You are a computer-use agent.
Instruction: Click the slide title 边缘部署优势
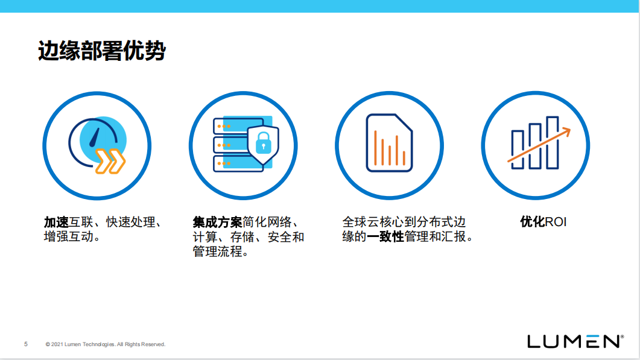click(101, 51)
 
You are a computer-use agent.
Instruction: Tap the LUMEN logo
click(575, 342)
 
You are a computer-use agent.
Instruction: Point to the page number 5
click(26, 344)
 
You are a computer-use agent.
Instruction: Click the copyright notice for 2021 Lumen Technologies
click(106, 344)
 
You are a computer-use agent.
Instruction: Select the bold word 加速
click(56, 223)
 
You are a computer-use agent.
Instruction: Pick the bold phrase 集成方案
click(218, 223)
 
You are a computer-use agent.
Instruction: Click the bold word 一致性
click(385, 236)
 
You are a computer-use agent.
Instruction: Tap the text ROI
click(556, 223)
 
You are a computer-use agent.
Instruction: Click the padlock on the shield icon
click(263, 143)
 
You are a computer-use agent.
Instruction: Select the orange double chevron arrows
click(110, 161)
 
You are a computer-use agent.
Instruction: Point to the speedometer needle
click(95, 137)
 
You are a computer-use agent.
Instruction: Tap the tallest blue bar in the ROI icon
click(553, 142)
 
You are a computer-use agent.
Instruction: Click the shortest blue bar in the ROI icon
click(518, 150)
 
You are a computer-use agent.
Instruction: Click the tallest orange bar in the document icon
click(375, 147)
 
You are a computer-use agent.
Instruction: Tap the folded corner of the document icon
click(404, 123)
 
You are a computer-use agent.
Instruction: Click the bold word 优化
click(533, 223)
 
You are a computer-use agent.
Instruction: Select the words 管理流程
click(218, 251)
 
